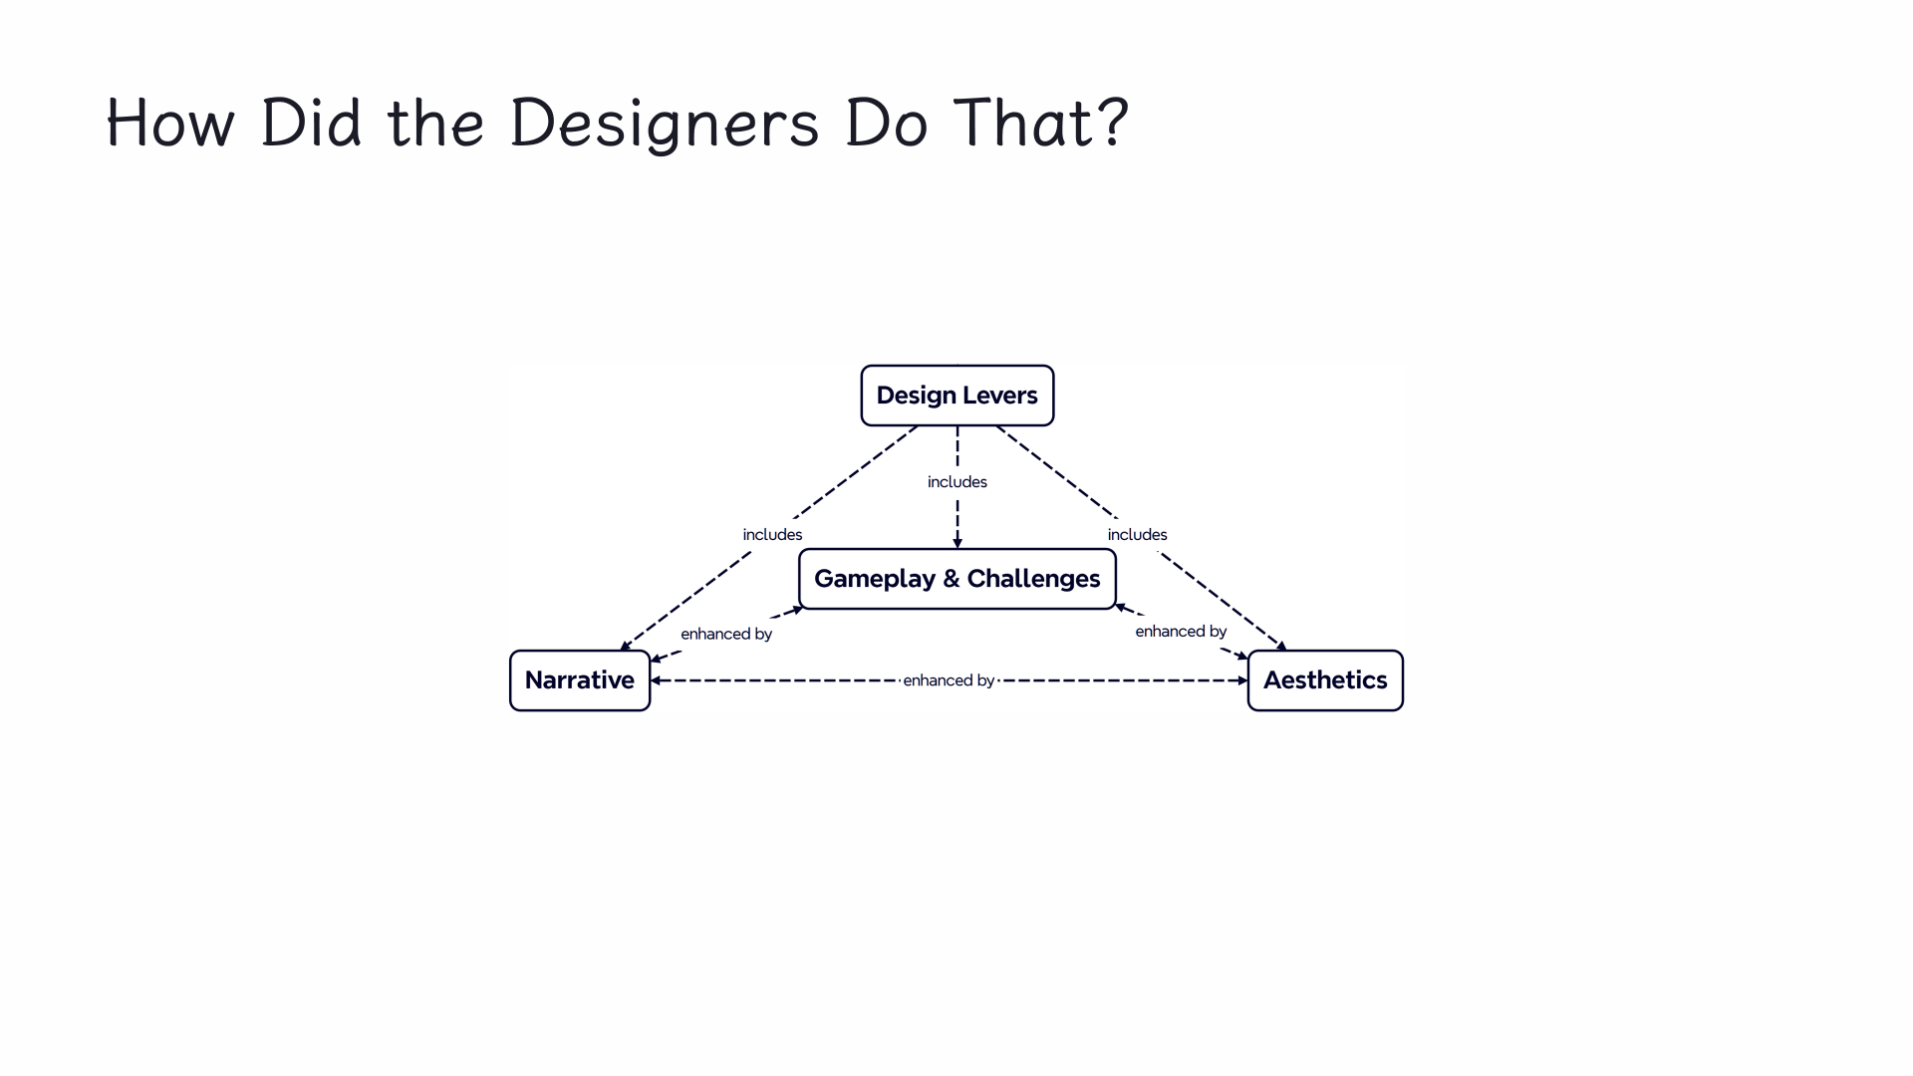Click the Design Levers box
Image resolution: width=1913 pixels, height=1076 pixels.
tap(956, 396)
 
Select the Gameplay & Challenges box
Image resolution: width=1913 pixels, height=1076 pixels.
tap(956, 579)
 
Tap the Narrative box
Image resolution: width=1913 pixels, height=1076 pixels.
tap(579, 680)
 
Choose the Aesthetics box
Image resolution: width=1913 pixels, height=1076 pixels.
tap(1324, 680)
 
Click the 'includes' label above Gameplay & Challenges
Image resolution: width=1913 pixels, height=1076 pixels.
tap(956, 482)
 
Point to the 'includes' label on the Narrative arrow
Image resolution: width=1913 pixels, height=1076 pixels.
tap(772, 535)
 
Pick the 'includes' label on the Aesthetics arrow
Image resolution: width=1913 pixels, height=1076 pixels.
tap(1137, 535)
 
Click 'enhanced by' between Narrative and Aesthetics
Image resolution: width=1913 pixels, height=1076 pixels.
tap(949, 680)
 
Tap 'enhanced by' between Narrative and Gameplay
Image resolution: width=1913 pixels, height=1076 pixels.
tap(726, 634)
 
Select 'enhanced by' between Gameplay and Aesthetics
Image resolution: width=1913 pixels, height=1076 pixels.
tap(1181, 632)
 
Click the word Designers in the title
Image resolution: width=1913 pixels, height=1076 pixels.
tap(664, 124)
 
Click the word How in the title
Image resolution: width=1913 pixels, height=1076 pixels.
tap(170, 124)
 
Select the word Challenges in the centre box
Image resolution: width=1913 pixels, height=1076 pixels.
tap(1033, 579)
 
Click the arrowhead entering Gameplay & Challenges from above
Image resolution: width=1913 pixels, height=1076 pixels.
tap(957, 543)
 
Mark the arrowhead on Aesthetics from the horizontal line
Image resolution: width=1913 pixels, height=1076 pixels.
tap(1242, 680)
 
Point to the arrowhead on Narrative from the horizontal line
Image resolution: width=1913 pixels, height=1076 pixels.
tap(656, 680)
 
